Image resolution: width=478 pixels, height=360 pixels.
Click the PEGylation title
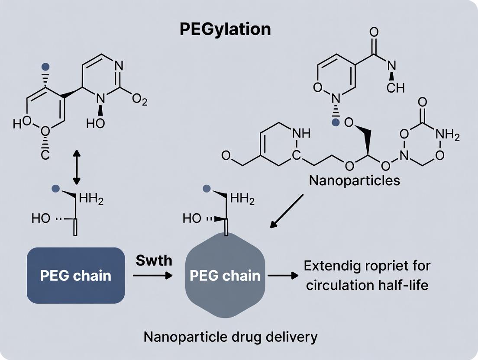click(225, 29)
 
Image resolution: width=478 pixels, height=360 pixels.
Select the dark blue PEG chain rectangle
click(76, 275)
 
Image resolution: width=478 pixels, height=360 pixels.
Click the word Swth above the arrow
click(154, 260)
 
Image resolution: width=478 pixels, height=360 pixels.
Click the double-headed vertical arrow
click(77, 167)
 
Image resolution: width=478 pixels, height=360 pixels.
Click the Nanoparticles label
click(355, 180)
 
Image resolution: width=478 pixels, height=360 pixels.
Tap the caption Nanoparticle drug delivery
click(230, 336)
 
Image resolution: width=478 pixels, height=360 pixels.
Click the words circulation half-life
click(367, 286)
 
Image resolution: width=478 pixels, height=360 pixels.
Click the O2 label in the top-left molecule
click(139, 101)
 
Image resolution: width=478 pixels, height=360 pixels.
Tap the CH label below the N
click(396, 88)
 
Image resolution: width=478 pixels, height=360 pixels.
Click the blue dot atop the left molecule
click(45, 67)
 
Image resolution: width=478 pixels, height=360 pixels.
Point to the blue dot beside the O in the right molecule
click(335, 123)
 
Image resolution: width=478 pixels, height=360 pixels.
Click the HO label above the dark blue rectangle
click(41, 219)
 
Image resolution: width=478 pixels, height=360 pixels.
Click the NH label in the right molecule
click(302, 134)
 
